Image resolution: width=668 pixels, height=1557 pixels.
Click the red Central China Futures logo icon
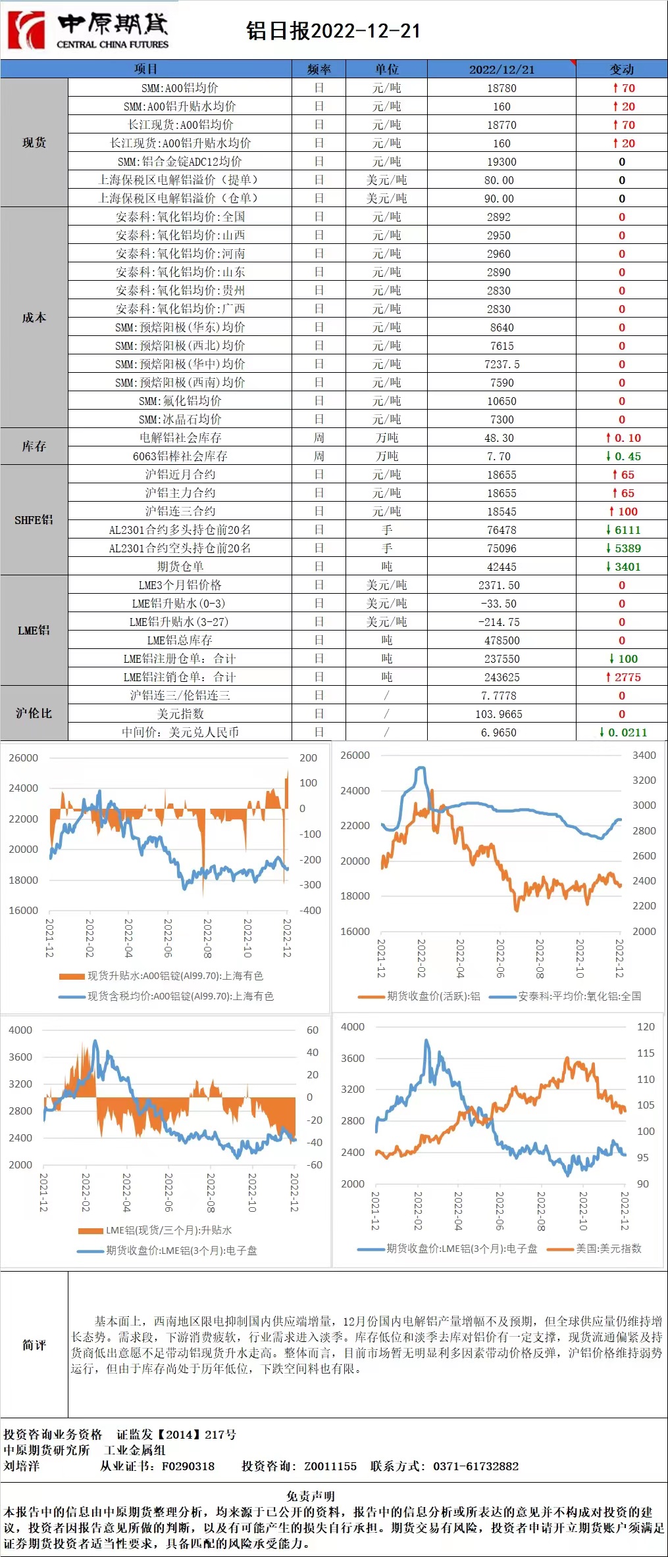(x=26, y=30)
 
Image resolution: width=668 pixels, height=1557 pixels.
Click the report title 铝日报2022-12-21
(x=333, y=31)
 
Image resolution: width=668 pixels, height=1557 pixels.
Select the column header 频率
(x=319, y=69)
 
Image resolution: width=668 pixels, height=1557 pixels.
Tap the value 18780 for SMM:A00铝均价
(x=501, y=88)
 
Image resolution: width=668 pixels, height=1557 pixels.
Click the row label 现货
(x=34, y=143)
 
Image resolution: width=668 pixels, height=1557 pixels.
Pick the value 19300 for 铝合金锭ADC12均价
(x=501, y=162)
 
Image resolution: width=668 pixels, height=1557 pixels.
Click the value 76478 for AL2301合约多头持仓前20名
(x=501, y=530)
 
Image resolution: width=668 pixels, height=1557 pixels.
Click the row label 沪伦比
(x=34, y=713)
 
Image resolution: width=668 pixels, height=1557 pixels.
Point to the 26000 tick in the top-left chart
(x=23, y=757)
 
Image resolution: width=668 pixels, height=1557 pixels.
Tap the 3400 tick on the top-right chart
(x=644, y=755)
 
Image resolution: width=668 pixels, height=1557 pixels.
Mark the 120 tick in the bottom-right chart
(x=646, y=1026)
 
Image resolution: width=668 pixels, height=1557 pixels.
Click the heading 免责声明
(x=311, y=1496)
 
